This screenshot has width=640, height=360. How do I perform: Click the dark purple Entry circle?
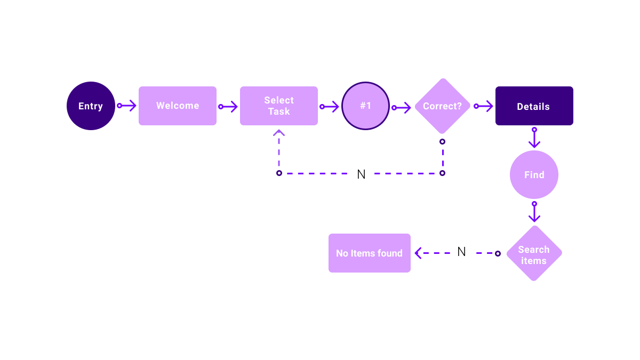click(x=91, y=106)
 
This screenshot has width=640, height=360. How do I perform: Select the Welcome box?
click(x=178, y=106)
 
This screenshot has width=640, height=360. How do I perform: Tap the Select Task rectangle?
click(x=279, y=106)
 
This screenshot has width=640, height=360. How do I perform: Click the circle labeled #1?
click(x=365, y=106)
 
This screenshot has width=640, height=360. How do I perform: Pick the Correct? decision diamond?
click(x=442, y=106)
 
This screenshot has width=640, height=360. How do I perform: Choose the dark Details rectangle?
click(x=534, y=106)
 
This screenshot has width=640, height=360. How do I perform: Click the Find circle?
click(x=534, y=174)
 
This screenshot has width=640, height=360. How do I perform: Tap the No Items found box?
click(x=370, y=253)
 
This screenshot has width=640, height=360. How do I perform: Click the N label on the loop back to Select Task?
click(x=361, y=174)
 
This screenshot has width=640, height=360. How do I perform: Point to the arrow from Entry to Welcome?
click(x=127, y=106)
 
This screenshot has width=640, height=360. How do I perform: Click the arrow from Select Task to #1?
click(x=330, y=107)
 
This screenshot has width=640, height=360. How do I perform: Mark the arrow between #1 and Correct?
click(x=402, y=108)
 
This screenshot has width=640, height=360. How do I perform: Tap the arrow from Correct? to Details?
click(x=484, y=106)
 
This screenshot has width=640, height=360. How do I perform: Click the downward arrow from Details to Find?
click(x=534, y=138)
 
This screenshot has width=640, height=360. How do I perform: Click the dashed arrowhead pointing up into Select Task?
click(x=279, y=133)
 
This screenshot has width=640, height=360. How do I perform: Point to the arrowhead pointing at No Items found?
click(x=419, y=253)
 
